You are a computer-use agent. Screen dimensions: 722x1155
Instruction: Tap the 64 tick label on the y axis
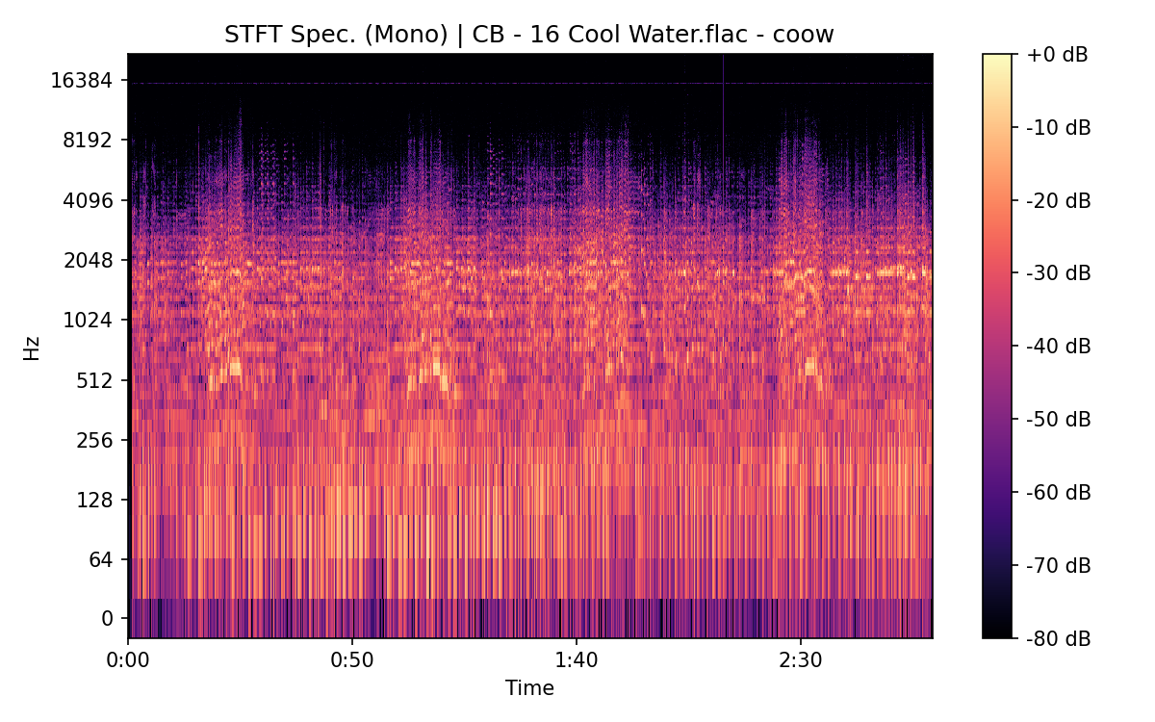102,559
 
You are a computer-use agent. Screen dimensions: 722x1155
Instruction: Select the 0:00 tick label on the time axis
128,661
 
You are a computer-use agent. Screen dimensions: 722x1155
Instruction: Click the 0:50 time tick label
352,661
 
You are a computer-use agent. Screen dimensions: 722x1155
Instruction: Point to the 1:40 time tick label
576,661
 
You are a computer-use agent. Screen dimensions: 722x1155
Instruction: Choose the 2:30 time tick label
800,661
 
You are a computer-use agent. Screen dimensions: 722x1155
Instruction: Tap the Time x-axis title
529,688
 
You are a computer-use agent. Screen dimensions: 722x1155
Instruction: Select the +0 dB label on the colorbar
1057,55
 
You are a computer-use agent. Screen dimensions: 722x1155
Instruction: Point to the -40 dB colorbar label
1059,346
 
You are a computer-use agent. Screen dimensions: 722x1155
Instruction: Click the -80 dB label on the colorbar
1059,637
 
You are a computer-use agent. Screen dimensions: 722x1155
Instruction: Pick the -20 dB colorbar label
1059,200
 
